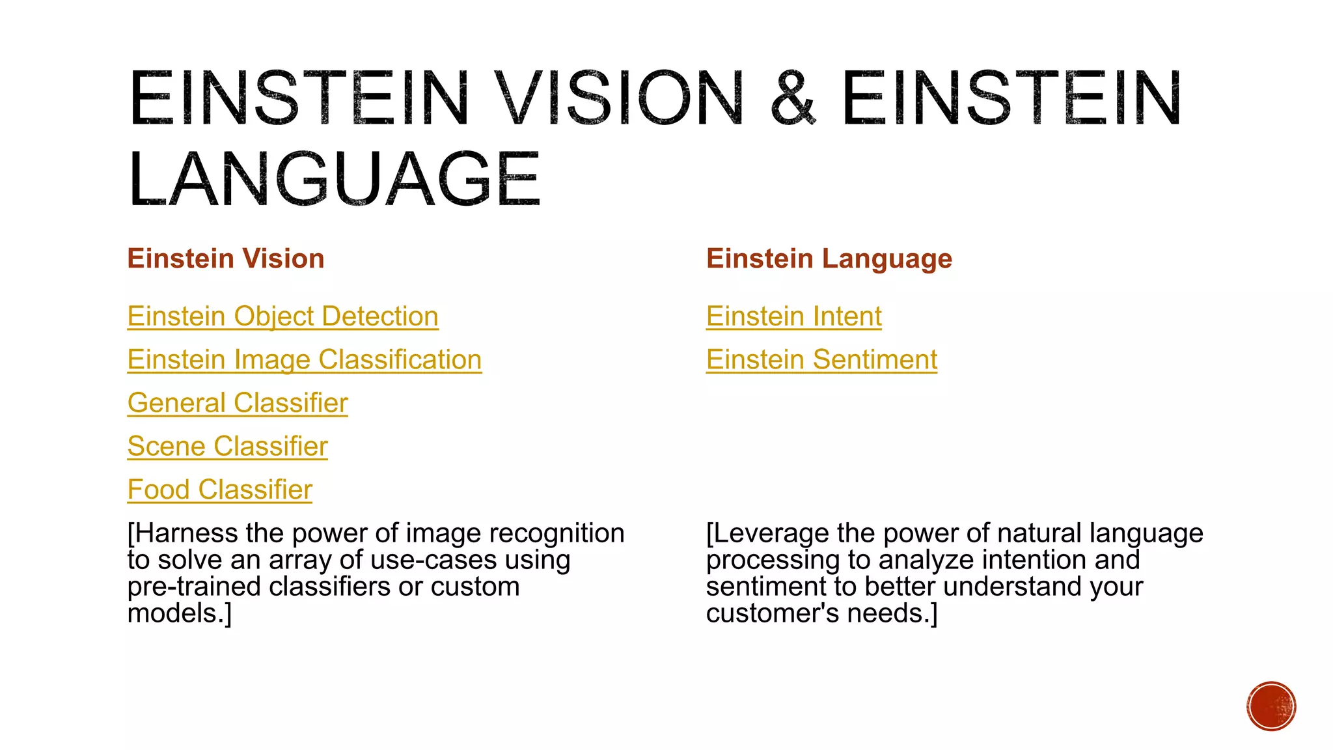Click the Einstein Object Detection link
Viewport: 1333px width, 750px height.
coord(282,316)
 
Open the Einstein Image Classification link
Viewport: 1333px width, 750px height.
coord(304,360)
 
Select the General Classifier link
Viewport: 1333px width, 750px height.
coord(238,403)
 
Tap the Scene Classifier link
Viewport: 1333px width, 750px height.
coord(227,447)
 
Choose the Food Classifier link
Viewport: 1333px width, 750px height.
coord(219,490)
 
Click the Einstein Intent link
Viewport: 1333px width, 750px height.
coord(793,316)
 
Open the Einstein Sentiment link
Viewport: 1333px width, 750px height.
coord(821,360)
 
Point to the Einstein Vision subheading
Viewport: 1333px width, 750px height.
coord(225,258)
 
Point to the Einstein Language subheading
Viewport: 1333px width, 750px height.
coord(829,258)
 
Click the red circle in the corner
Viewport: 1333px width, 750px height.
coord(1271,706)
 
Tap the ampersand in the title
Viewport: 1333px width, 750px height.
coord(792,98)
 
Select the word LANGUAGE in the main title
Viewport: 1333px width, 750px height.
coord(334,179)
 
